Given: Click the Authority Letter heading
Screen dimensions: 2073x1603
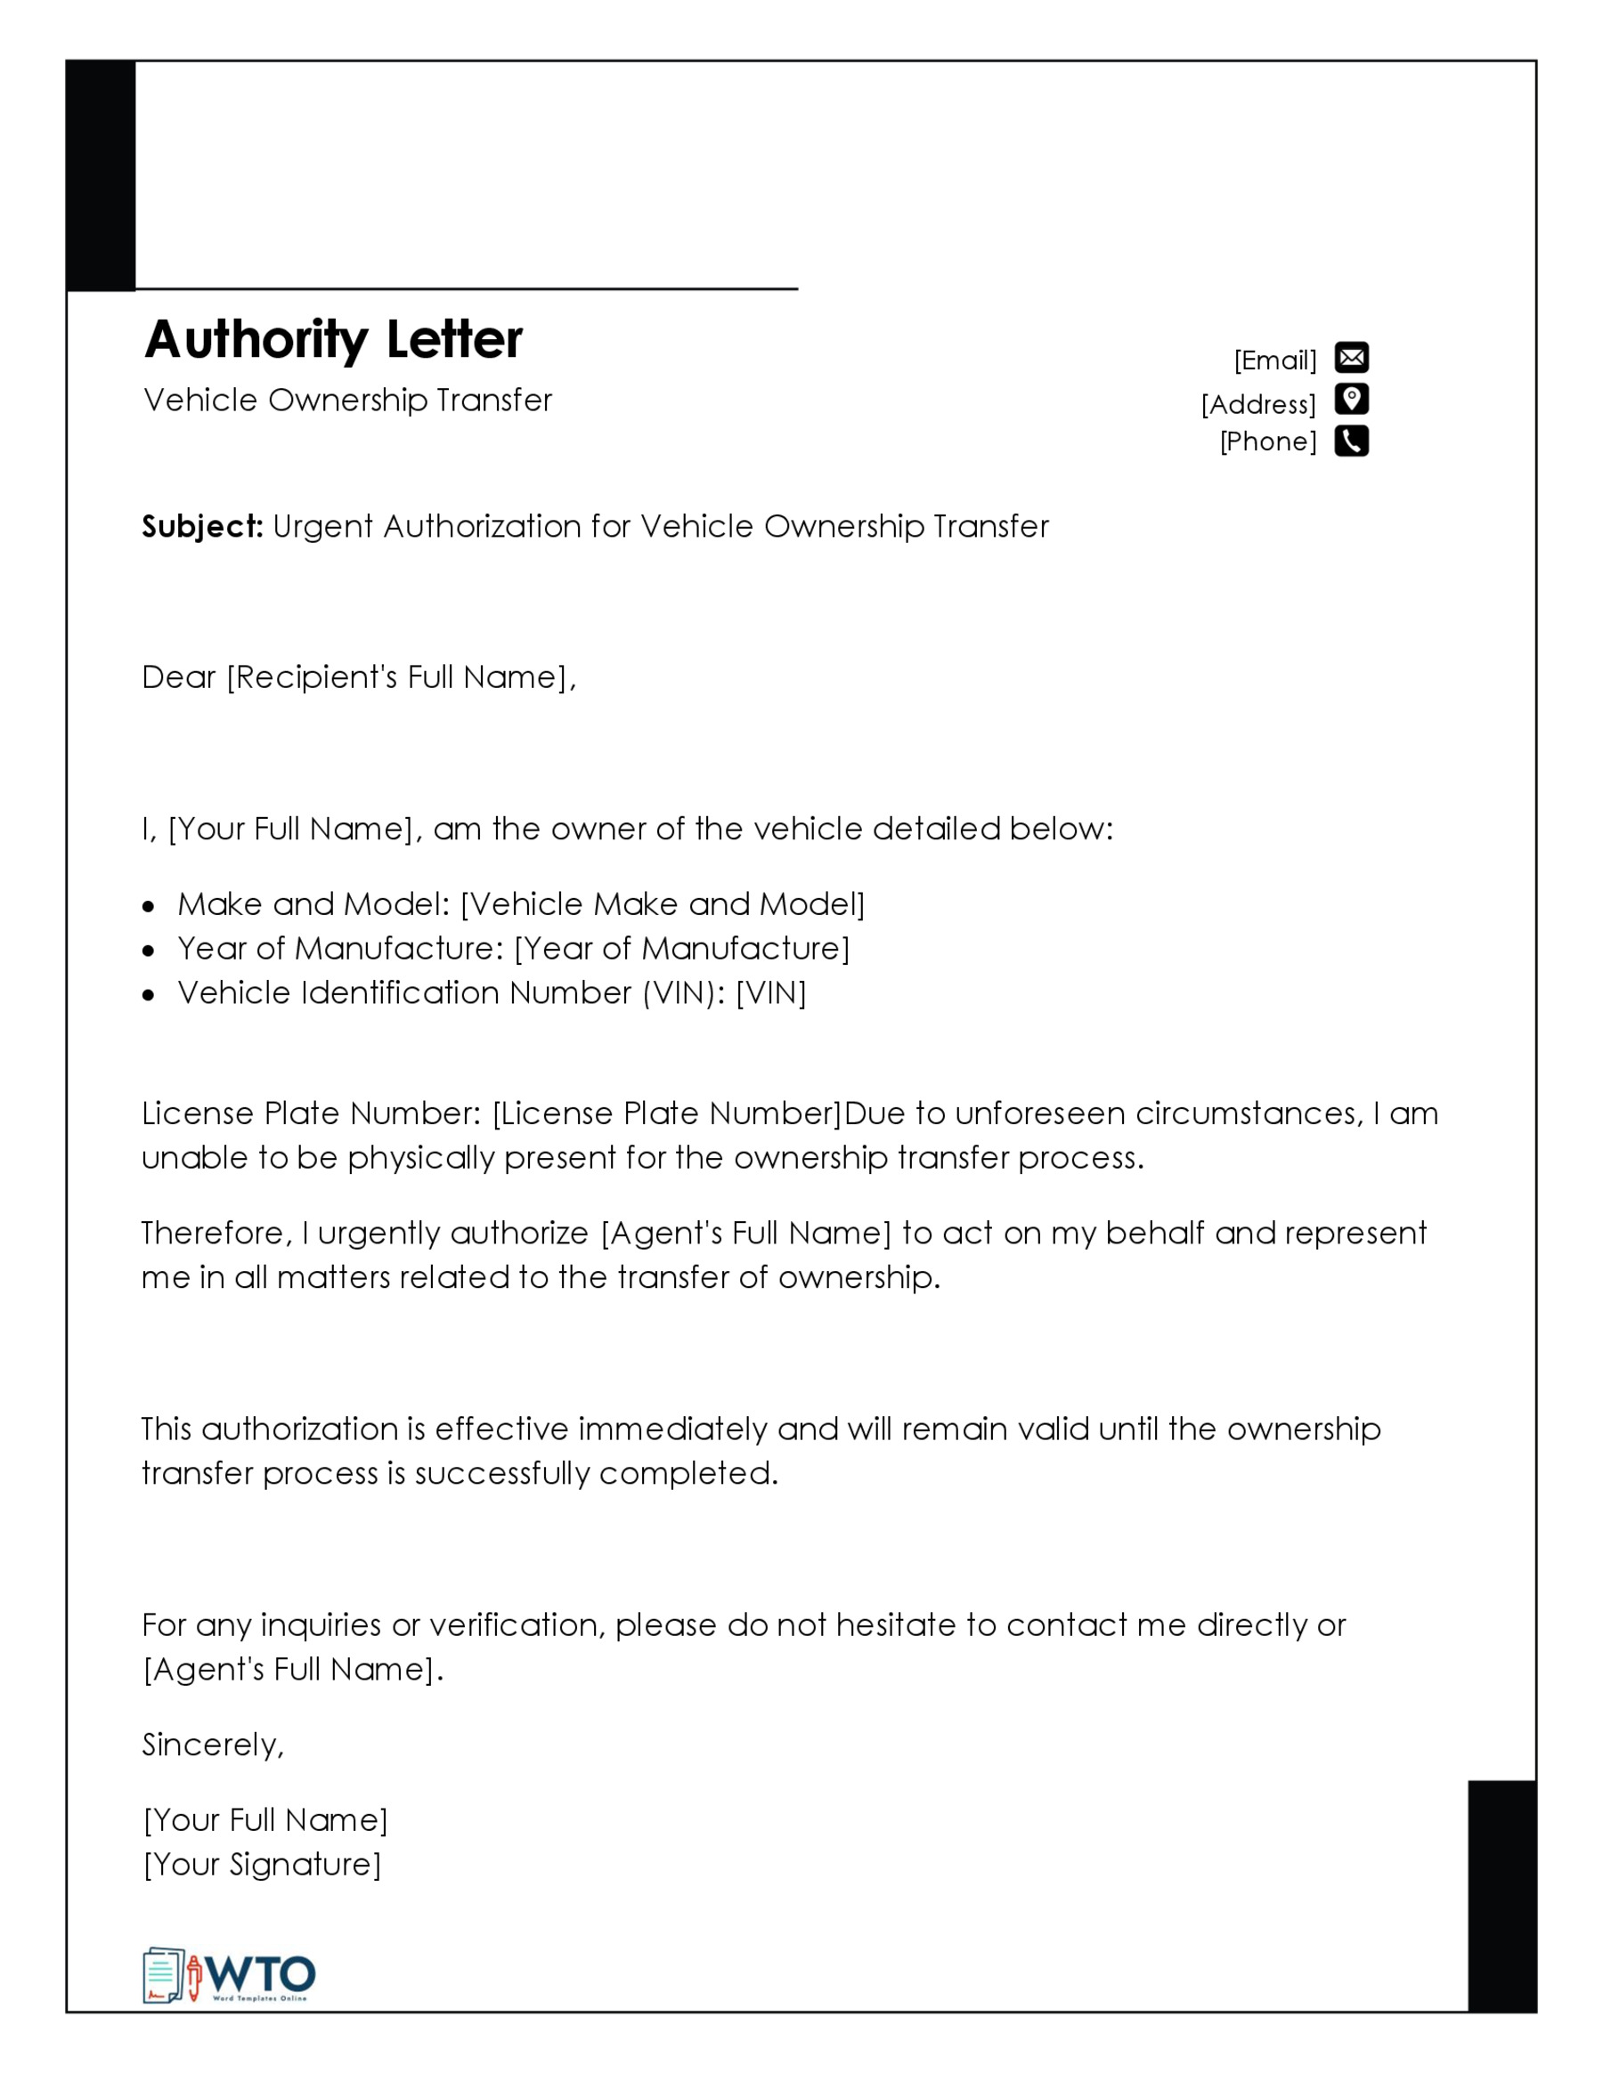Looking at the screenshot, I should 333,340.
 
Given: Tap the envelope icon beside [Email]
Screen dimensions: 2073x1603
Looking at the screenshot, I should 1351,358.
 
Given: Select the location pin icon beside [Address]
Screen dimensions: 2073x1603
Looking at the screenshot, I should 1351,400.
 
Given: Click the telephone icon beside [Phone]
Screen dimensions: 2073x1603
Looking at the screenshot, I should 1351,441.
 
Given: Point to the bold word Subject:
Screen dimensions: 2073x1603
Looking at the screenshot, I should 202,526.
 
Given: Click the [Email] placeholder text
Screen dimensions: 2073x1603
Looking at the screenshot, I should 1275,360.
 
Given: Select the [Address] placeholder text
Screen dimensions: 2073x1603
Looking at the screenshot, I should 1258,404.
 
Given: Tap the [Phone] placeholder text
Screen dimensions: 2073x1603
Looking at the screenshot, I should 1268,441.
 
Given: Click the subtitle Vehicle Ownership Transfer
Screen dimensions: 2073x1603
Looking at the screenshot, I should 347,401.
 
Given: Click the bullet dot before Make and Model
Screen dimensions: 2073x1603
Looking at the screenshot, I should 148,906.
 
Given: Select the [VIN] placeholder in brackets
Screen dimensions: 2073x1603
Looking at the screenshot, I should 771,992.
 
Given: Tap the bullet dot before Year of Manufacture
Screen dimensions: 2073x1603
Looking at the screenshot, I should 148,950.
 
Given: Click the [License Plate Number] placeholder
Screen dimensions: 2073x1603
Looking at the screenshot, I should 667,1113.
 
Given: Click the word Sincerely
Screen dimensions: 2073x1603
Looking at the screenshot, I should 211,1745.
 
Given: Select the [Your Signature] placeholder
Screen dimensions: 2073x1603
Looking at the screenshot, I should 262,1864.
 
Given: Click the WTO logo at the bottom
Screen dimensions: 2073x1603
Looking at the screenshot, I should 229,1976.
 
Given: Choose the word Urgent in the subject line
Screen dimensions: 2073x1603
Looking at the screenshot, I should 323,527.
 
